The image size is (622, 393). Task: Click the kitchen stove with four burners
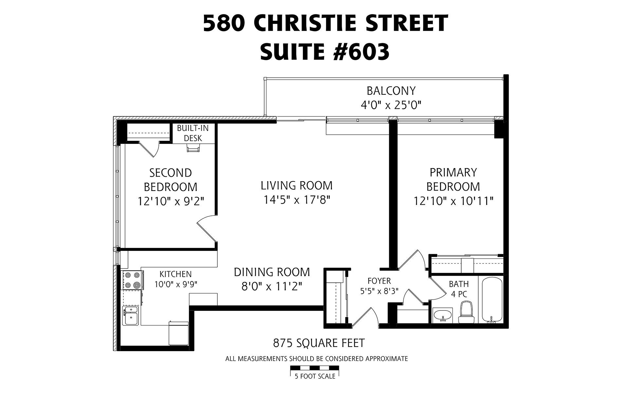point(132,280)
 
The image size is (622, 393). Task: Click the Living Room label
point(297,185)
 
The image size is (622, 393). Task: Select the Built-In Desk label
point(193,133)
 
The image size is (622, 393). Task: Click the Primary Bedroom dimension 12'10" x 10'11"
point(453,200)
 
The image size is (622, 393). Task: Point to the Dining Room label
point(272,272)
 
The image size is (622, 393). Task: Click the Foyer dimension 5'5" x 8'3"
point(379,291)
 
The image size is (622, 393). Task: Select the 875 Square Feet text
point(319,343)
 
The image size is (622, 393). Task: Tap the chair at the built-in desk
point(193,149)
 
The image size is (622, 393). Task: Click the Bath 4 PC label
point(459,289)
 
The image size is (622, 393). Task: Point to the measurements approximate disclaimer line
point(317,359)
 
